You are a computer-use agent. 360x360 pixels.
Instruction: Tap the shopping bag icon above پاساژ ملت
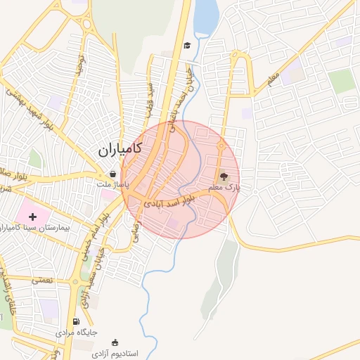(x=112, y=174)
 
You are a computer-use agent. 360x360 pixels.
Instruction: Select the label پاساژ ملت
(x=110, y=184)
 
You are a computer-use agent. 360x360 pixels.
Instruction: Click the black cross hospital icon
(x=32, y=215)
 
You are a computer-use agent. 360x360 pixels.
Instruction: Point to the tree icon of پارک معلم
(x=224, y=176)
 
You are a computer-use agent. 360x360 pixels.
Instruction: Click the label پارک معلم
(x=226, y=188)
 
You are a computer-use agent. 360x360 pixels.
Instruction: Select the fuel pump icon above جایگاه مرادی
(x=77, y=321)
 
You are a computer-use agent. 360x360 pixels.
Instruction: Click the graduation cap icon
(x=187, y=46)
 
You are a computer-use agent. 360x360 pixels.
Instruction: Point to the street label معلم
(x=273, y=79)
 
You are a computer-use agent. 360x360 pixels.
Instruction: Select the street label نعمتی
(x=42, y=279)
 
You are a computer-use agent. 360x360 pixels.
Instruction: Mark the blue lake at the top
(x=205, y=16)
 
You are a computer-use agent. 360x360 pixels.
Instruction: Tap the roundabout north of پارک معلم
(x=221, y=147)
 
